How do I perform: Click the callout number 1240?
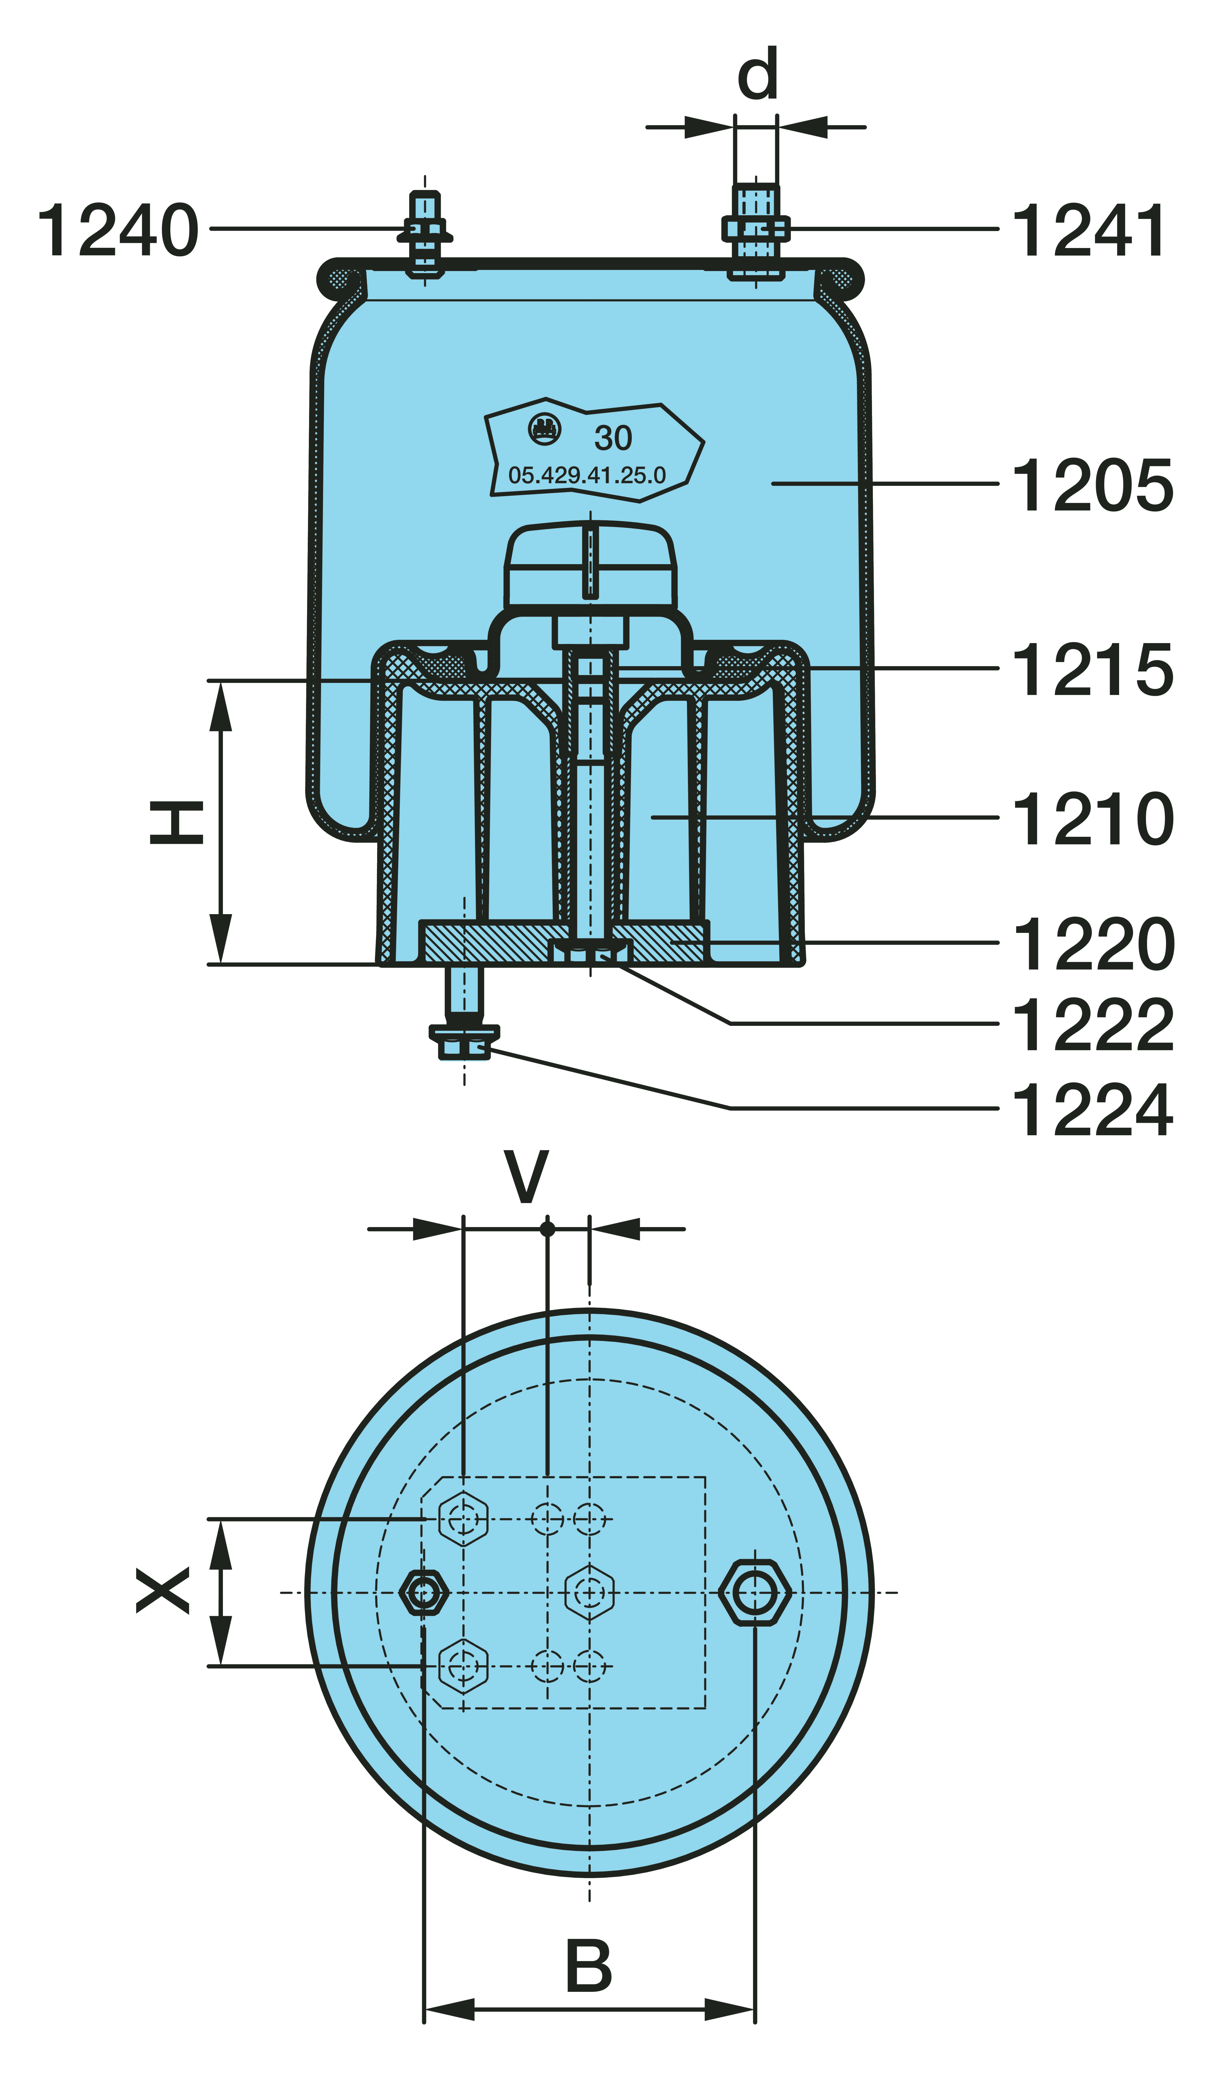[x=119, y=230]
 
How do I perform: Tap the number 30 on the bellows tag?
[x=613, y=438]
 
